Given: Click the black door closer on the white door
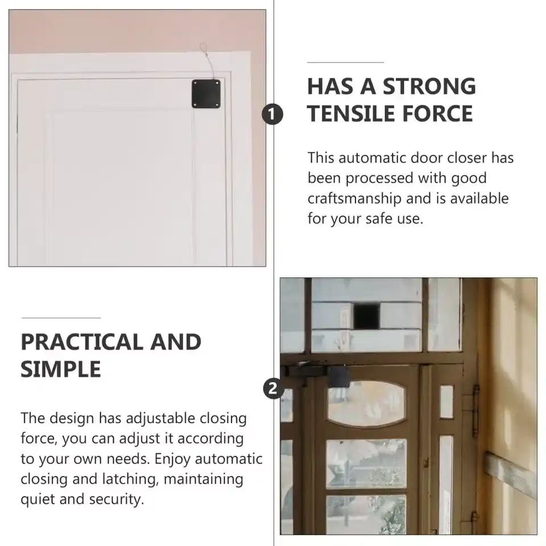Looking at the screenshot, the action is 206,94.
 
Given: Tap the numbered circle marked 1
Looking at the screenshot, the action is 272,114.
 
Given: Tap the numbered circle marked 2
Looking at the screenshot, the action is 273,388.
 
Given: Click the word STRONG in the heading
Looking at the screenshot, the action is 429,86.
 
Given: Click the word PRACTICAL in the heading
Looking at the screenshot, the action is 82,342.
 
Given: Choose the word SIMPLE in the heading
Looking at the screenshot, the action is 61,369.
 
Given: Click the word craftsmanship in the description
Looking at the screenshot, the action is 354,198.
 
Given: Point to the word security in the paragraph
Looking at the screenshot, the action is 116,499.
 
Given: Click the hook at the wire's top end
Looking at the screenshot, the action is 204,47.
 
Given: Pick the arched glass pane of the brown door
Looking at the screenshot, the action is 366,403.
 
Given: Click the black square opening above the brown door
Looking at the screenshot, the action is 366,316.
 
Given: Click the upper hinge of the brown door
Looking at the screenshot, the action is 475,411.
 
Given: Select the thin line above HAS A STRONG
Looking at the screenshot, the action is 345,63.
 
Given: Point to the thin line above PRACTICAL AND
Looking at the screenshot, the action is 61,318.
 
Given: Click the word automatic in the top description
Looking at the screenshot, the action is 372,158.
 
